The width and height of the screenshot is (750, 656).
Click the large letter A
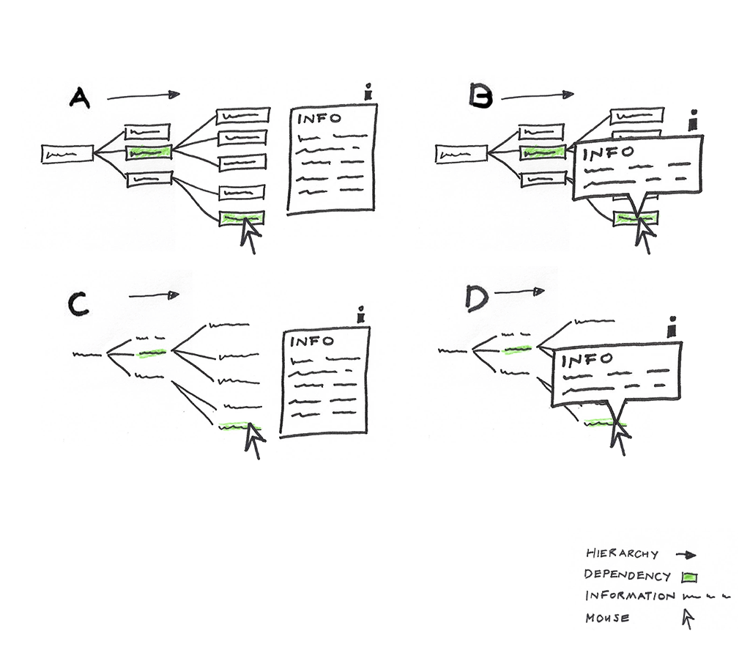point(80,98)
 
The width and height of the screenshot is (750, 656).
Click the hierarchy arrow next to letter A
point(143,95)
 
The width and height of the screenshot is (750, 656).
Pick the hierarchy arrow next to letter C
point(153,295)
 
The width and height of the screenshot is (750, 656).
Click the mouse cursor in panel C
point(255,440)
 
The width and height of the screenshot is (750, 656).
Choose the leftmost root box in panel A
point(67,154)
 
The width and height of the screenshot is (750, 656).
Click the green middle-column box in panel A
point(149,152)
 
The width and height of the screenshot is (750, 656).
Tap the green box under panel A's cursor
point(241,218)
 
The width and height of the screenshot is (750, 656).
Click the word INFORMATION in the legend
point(631,596)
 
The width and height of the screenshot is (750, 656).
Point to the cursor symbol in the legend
point(687,619)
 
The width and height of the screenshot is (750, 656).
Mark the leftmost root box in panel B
point(461,154)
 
